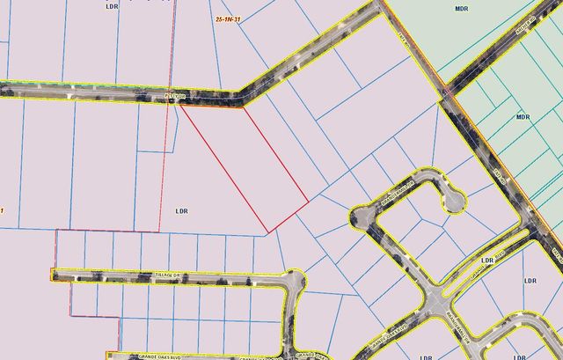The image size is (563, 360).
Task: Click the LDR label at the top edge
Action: [111, 6]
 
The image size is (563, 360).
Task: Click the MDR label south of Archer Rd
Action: [523, 116]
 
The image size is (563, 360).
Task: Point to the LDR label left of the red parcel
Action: [182, 211]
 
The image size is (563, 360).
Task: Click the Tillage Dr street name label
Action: [166, 276]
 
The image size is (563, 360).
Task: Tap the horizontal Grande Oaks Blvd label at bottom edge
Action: [158, 356]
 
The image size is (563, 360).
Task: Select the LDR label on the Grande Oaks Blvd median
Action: [488, 261]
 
